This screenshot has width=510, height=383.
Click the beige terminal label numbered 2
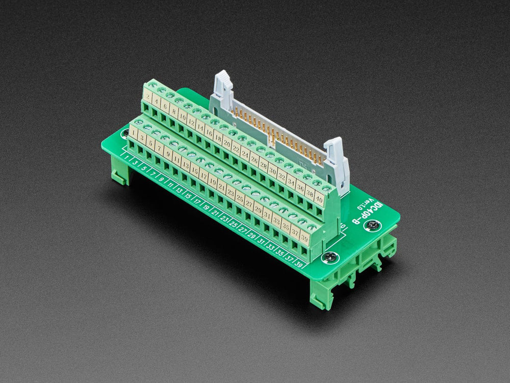tap(148, 95)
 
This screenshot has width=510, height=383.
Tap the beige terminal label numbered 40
tap(318, 198)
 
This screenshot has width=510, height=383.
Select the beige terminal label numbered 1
tap(133, 134)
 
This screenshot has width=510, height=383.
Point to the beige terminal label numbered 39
tap(304, 236)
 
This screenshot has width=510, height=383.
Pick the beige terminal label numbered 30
tap(273, 171)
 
